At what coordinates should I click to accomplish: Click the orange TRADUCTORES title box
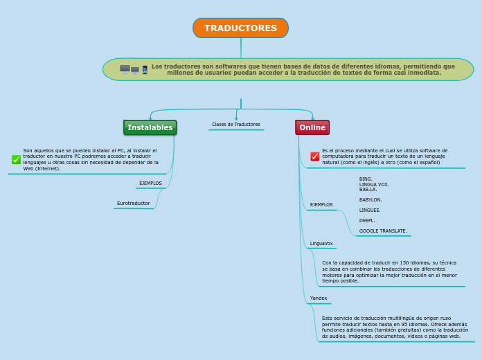(240, 28)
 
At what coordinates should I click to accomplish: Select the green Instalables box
(150, 127)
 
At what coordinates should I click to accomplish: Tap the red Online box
(312, 127)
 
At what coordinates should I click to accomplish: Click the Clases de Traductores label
(236, 125)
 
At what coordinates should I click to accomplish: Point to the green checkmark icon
(16, 160)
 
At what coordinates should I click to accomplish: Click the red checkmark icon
(315, 156)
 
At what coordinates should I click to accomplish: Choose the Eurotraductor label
(133, 204)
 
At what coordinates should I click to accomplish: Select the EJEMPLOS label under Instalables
(150, 183)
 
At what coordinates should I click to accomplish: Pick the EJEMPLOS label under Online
(321, 205)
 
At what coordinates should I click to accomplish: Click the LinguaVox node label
(321, 244)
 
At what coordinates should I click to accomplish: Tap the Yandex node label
(319, 298)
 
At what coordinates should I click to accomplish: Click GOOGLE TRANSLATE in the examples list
(383, 231)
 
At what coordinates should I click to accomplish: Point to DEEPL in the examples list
(367, 221)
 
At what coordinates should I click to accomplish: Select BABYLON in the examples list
(371, 200)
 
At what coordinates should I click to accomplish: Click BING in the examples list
(366, 179)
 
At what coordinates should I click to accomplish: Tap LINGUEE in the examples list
(370, 210)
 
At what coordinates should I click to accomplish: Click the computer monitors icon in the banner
(130, 69)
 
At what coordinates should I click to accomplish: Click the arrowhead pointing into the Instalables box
(150, 118)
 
